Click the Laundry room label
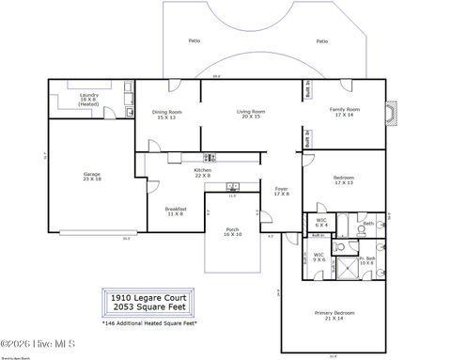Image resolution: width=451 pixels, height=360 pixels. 88,99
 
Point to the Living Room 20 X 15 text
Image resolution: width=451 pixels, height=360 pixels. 251,114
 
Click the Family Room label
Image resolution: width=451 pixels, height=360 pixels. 345,111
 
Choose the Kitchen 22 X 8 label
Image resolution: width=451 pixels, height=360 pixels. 203,172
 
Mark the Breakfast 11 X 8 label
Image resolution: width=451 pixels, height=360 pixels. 176,211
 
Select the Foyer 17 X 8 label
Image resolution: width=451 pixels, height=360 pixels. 282,192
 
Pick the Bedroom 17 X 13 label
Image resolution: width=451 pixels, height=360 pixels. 344,180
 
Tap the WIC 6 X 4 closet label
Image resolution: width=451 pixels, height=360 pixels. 320,224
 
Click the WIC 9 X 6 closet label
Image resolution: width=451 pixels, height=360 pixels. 319,256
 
